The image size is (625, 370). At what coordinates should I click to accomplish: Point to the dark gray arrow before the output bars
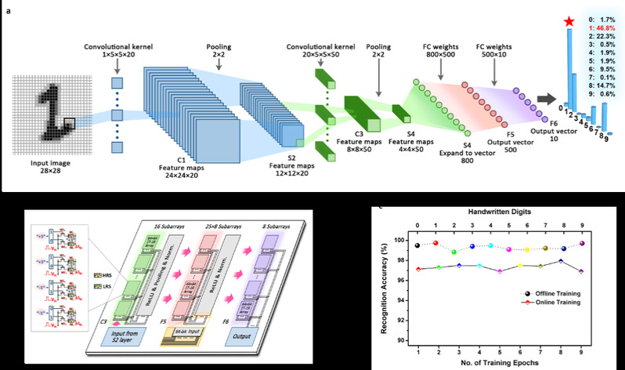(542, 98)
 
